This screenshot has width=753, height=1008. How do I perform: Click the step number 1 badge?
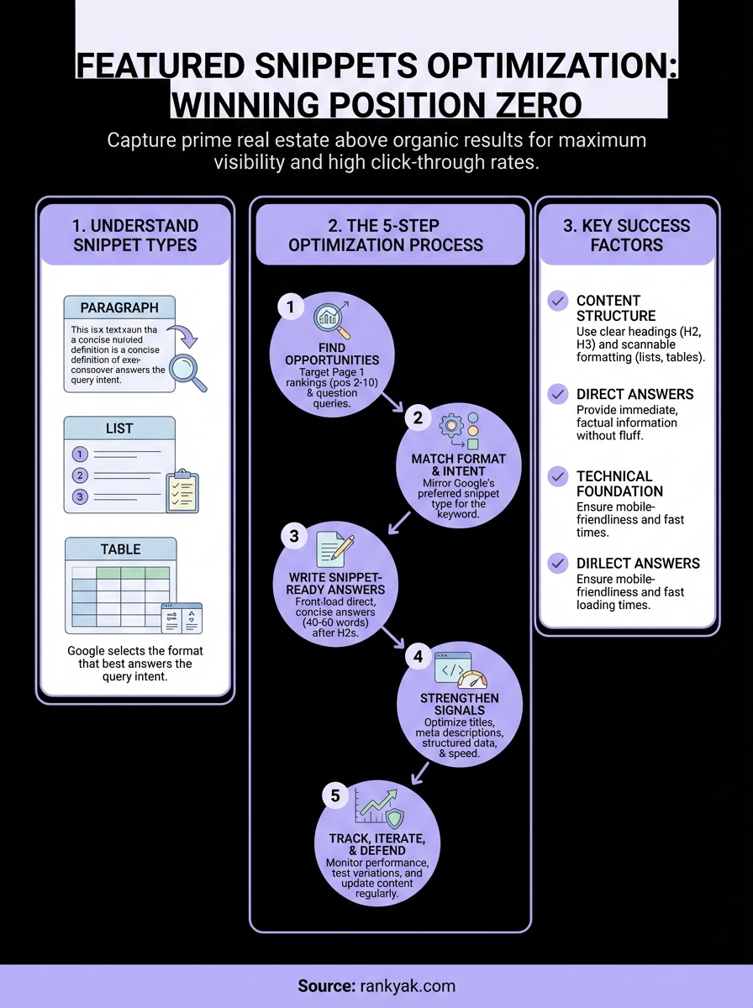(x=290, y=307)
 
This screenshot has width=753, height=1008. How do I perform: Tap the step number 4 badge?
(x=418, y=657)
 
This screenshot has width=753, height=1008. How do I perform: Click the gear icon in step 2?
(x=452, y=427)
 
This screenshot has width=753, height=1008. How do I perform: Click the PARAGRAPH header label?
(x=120, y=307)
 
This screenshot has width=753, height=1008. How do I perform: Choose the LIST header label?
(x=120, y=428)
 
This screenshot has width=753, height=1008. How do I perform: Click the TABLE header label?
(x=120, y=549)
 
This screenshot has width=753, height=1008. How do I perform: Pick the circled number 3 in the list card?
(x=81, y=496)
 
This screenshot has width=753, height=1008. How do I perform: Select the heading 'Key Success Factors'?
(x=627, y=235)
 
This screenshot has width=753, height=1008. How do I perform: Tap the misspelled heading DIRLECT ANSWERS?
(x=638, y=564)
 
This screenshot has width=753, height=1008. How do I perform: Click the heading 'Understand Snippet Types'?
(x=135, y=235)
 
